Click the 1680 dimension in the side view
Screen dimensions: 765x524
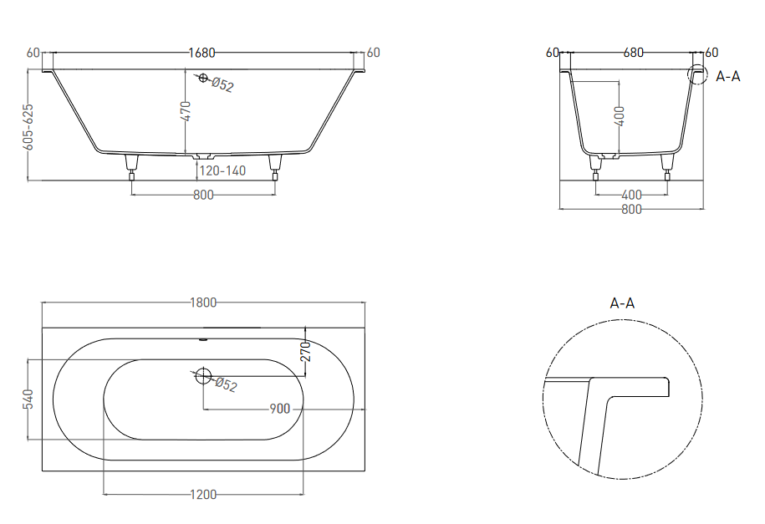[202, 52]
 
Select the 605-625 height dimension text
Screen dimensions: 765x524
[28, 127]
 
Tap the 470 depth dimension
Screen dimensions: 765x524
[186, 111]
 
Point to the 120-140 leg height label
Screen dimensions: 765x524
[222, 170]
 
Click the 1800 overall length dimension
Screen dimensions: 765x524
[203, 303]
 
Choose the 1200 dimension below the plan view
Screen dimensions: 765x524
[203, 495]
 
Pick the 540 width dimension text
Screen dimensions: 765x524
[28, 399]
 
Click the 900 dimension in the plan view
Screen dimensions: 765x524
[280, 409]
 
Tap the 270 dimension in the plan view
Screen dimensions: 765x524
[305, 351]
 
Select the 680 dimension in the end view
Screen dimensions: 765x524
[633, 52]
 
